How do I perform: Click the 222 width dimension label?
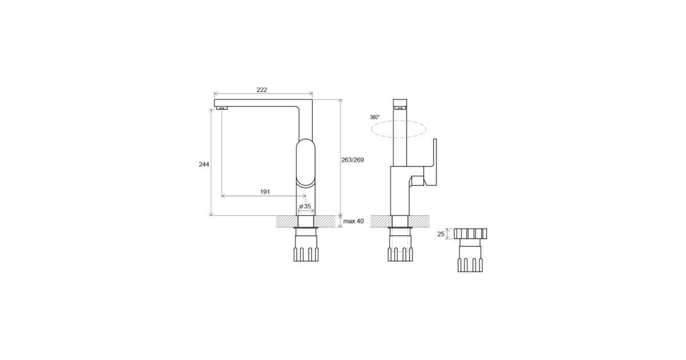(x=262, y=90)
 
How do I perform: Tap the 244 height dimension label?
(x=204, y=165)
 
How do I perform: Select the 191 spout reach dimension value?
(x=265, y=192)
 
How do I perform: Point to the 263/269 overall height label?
(x=353, y=160)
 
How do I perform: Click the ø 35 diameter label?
(x=305, y=206)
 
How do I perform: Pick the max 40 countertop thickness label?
(x=353, y=221)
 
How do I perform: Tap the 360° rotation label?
(x=375, y=117)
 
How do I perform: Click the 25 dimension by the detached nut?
(x=441, y=234)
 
